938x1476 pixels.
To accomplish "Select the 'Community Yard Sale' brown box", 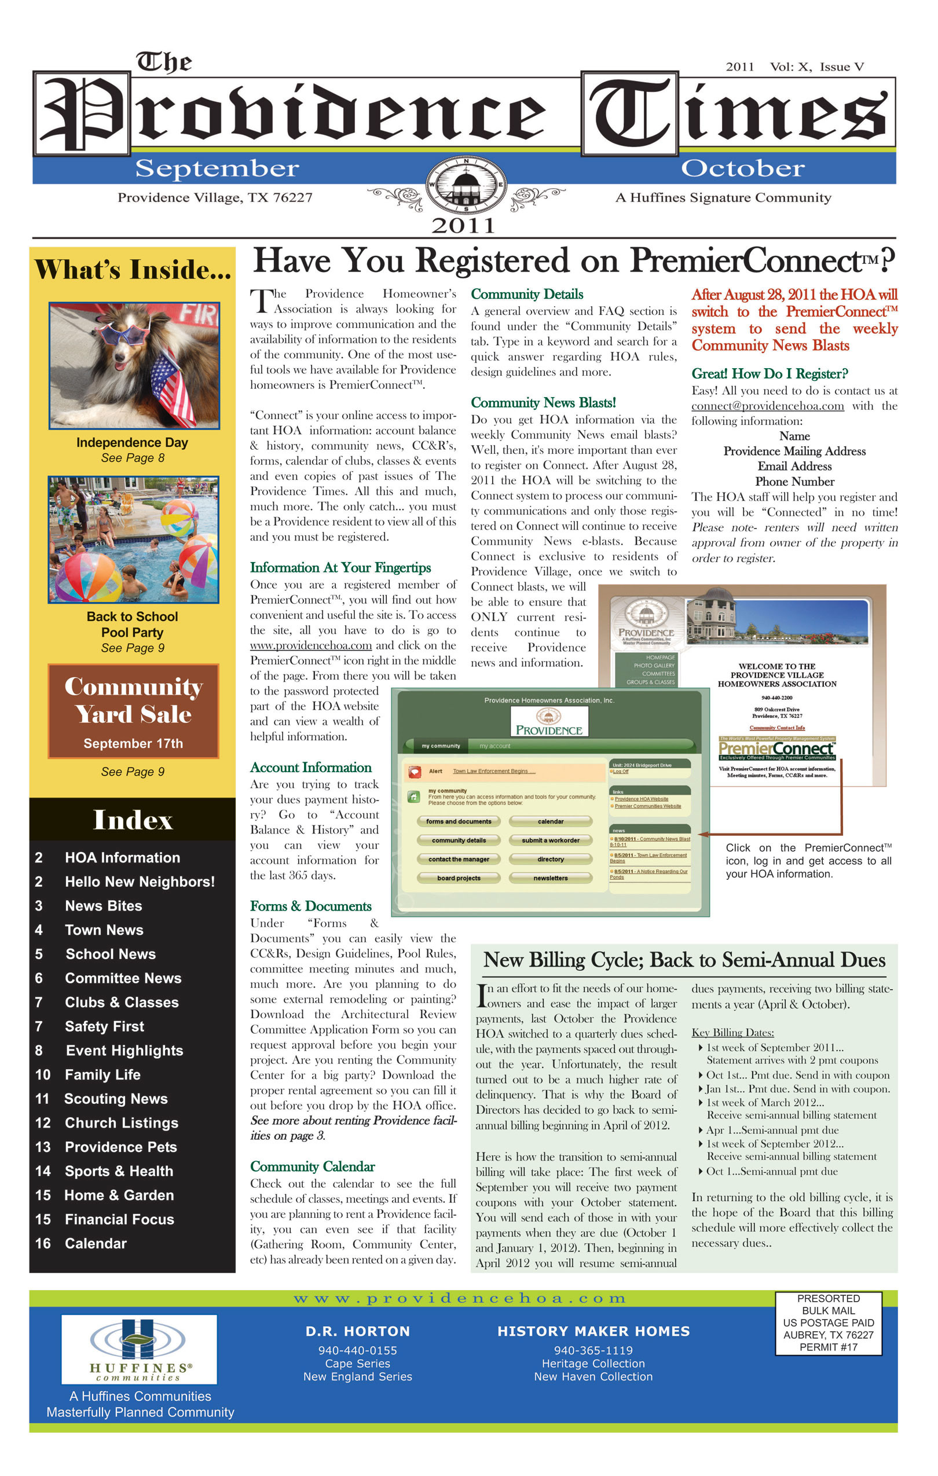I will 133,711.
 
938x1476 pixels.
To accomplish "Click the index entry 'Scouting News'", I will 115,1099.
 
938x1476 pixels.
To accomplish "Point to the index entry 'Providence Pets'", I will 120,1147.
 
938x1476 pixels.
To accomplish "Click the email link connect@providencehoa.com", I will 768,406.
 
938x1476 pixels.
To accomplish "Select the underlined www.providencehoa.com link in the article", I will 311,645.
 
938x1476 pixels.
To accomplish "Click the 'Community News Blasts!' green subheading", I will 543,403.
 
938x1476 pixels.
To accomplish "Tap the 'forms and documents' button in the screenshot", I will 459,821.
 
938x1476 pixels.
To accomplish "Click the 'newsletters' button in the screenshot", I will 551,879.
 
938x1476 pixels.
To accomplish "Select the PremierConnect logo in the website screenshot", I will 777,749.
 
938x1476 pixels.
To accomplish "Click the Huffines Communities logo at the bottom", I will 139,1349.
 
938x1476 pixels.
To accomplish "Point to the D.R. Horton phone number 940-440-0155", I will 357,1350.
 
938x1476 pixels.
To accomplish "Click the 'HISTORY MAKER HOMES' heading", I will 593,1331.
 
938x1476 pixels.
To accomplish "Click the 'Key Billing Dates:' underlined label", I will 732,1033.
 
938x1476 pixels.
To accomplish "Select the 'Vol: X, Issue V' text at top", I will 817,67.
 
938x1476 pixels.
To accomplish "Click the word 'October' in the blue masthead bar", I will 742,168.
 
